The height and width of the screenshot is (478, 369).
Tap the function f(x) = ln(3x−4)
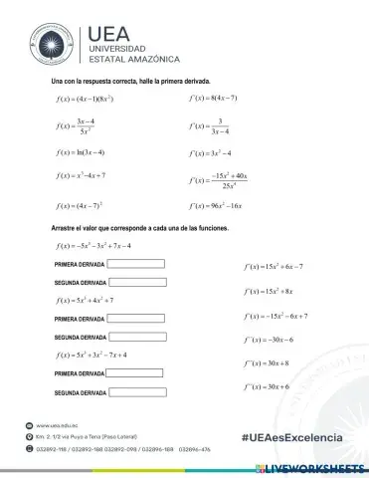(82, 152)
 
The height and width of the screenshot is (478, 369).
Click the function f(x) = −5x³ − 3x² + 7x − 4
(94, 245)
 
